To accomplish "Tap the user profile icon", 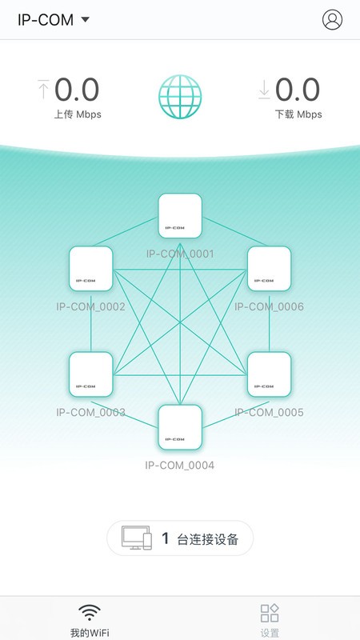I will (332, 20).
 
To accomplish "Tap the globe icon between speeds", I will (180, 97).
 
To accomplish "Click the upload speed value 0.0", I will (77, 90).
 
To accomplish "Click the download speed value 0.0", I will (298, 90).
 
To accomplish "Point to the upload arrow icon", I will (43, 90).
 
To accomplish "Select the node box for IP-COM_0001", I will (180, 215).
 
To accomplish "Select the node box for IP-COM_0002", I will (90, 268).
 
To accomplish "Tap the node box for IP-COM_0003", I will (90, 374).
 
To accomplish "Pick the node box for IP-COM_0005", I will (269, 374).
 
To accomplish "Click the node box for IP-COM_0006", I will (269, 268).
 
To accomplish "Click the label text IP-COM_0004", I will (180, 465).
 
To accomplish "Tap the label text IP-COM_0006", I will (269, 306).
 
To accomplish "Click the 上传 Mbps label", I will (78, 114).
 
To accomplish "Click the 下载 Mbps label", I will (298, 114).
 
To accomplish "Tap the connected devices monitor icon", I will (136, 538).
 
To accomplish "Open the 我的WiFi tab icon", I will (90, 614).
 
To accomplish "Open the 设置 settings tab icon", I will (270, 614).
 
